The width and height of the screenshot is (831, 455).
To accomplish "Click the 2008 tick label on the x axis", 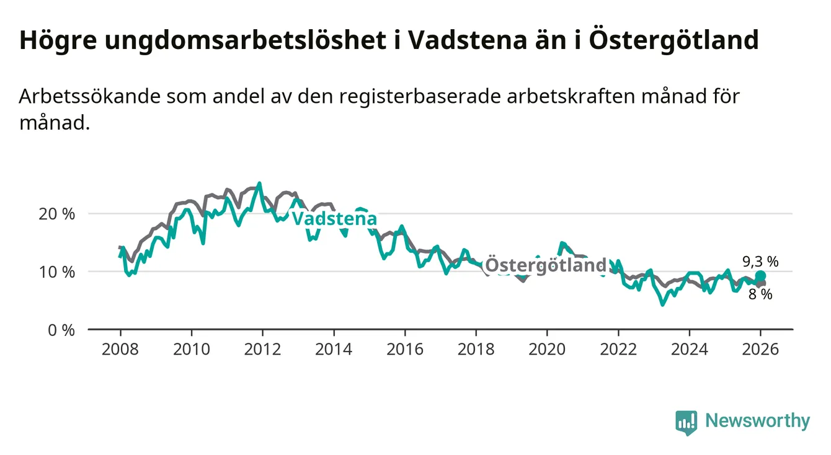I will pos(120,349).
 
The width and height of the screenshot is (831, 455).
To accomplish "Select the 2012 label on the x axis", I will pos(262,349).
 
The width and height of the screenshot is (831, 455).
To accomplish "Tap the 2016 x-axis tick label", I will pos(404,349).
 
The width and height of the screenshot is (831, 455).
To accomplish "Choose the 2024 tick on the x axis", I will pos(689,349).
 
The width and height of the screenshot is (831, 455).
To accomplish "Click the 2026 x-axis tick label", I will pos(760,349).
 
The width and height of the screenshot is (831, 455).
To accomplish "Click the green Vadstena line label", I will pos(334,219).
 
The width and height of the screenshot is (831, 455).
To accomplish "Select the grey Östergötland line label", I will pos(545,265).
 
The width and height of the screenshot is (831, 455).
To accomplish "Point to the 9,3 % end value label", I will pos(760,262).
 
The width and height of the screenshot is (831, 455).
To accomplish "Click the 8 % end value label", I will pos(760,295).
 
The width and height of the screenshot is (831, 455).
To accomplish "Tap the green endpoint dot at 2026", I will pos(760,276).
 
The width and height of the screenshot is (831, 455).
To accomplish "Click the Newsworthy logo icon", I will pos(686,422).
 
